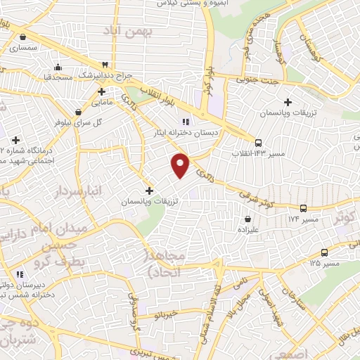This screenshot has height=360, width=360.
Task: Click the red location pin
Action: pos(181,165)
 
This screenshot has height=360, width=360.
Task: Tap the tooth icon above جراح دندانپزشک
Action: pos(105,65)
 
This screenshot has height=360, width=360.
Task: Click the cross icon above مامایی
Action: pos(101,91)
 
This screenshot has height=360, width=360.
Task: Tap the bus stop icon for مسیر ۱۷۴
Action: pos(303,209)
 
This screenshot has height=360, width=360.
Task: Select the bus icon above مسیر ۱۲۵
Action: pos(324,252)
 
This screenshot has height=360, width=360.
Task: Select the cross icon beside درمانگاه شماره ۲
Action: pos(15,140)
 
